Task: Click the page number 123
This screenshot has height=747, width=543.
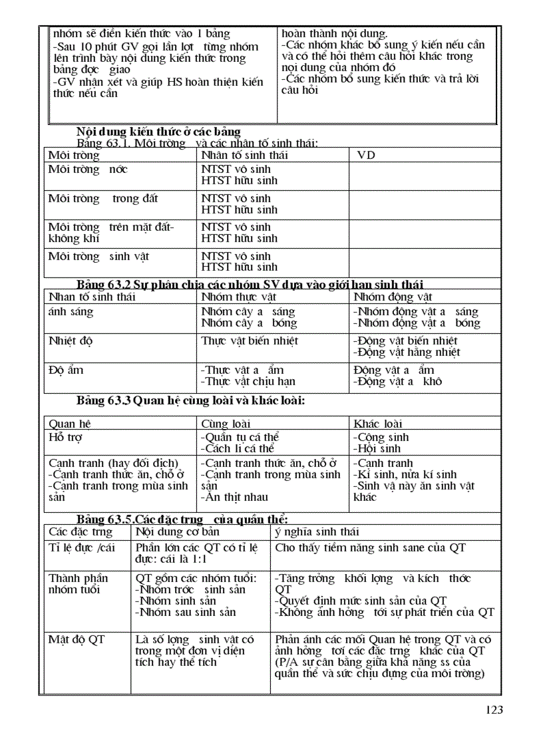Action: click(x=494, y=710)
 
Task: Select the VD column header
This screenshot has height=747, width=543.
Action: click(x=366, y=155)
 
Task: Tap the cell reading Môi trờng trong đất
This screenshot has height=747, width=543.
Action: click(x=103, y=198)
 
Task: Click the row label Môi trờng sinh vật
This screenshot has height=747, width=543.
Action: click(x=98, y=256)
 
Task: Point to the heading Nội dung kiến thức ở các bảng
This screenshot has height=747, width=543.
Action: click(x=158, y=131)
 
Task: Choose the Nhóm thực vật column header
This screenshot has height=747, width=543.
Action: click(x=238, y=297)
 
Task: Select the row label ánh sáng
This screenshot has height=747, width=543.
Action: click(x=71, y=311)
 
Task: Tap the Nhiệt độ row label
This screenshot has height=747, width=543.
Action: click(x=71, y=341)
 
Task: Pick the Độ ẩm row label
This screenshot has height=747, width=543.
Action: click(x=67, y=370)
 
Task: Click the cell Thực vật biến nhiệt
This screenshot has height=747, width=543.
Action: click(x=250, y=341)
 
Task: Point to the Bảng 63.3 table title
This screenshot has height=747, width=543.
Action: click(x=190, y=400)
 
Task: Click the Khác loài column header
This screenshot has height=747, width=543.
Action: click(x=378, y=424)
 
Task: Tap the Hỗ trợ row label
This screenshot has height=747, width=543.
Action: click(x=66, y=438)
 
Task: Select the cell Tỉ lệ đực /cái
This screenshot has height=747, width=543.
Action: click(x=82, y=547)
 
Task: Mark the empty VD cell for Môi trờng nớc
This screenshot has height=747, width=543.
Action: click(x=425, y=175)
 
